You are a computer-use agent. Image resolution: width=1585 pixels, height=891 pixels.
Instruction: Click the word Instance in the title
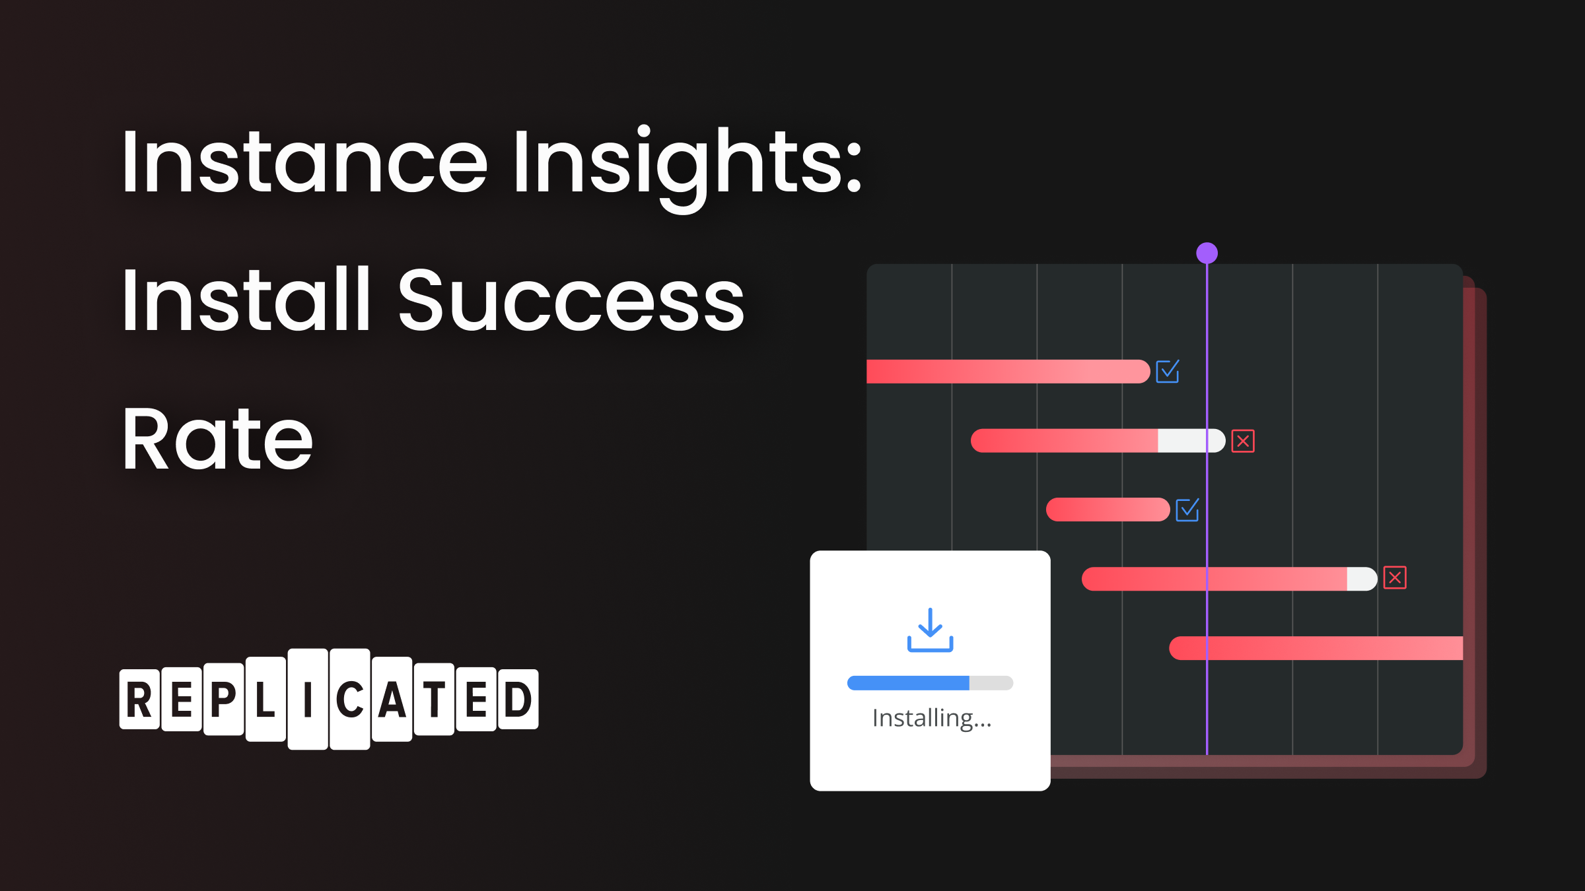(x=304, y=162)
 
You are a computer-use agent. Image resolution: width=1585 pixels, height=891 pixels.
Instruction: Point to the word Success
(x=571, y=301)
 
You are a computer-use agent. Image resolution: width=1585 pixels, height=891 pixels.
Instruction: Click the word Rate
(x=217, y=438)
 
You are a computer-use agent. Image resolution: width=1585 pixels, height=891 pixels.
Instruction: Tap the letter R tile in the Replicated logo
(x=139, y=699)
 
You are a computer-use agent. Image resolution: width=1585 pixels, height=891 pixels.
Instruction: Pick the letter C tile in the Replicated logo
(x=349, y=699)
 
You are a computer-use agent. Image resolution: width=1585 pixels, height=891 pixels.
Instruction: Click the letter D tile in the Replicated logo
(x=518, y=699)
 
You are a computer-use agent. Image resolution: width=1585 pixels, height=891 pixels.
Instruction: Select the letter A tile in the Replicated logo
(x=392, y=699)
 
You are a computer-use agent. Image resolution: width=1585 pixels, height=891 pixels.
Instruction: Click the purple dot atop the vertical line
(x=1207, y=253)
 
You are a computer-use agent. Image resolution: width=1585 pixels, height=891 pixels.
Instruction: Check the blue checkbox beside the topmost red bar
(x=1168, y=372)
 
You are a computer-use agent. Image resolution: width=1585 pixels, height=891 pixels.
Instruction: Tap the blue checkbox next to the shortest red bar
(x=1187, y=510)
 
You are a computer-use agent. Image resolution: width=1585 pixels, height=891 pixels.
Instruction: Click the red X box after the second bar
(x=1243, y=441)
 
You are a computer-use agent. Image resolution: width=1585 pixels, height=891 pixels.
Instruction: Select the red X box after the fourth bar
(x=1395, y=578)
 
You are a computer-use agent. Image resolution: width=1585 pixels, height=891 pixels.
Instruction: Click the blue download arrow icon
(x=930, y=630)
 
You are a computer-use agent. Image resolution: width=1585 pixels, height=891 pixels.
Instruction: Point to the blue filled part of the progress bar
(x=908, y=683)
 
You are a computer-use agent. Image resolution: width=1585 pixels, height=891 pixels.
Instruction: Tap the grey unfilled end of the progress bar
(x=991, y=683)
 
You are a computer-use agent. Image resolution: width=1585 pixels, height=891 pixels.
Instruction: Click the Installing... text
(x=931, y=718)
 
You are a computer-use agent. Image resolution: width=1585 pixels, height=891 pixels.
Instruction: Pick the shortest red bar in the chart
(x=1108, y=510)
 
